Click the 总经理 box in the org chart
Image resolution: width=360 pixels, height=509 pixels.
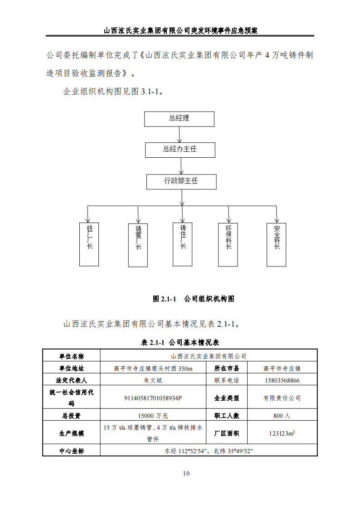179,118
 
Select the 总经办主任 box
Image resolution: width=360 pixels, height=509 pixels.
180,149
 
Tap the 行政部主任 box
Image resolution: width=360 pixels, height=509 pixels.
181,181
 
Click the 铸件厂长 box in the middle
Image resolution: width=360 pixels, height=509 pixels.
183,243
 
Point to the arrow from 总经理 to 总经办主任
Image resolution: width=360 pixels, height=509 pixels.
180,134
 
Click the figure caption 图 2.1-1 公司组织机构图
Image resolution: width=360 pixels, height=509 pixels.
194,299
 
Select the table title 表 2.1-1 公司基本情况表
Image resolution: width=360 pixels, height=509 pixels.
180,343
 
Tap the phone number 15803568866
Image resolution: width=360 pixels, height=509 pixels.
282,380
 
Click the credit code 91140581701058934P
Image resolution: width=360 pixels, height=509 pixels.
153,398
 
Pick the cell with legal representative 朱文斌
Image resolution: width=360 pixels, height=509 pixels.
153,380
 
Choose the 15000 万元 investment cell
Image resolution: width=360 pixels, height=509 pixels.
153,415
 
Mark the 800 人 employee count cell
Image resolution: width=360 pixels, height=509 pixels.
282,415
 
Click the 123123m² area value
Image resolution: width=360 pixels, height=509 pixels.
282,433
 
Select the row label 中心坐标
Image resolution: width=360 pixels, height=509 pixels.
71,451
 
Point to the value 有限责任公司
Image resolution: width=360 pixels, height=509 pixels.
282,398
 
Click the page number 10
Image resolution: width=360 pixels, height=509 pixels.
186,474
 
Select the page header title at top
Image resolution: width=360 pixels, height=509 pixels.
180,31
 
